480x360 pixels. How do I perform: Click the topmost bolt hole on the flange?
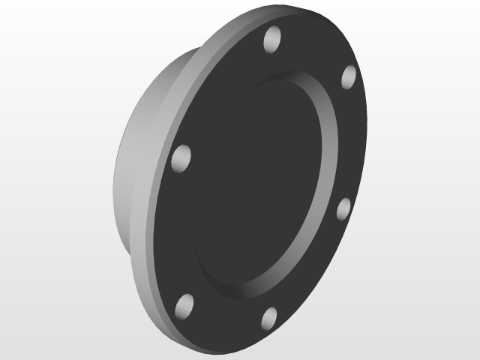click(273, 37)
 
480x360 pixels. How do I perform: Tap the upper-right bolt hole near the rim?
click(348, 76)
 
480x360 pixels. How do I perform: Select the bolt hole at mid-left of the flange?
click(181, 158)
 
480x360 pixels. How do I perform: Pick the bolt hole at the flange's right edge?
click(343, 208)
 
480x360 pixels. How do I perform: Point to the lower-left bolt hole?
click(183, 305)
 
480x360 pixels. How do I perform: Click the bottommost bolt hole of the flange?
click(269, 318)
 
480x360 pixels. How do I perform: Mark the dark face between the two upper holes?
click(313, 52)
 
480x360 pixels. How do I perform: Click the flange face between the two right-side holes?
click(352, 142)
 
